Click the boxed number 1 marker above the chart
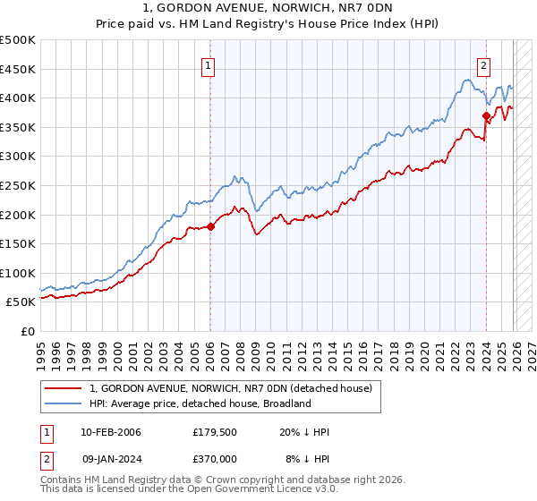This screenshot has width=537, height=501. [208, 64]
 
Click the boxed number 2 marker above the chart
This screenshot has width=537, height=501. [483, 64]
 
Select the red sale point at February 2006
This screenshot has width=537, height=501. [210, 226]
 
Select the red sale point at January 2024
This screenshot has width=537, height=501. [486, 115]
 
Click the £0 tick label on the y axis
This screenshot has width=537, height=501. [26, 331]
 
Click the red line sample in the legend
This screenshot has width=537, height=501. [64, 388]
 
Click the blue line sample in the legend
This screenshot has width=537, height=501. [64, 403]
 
